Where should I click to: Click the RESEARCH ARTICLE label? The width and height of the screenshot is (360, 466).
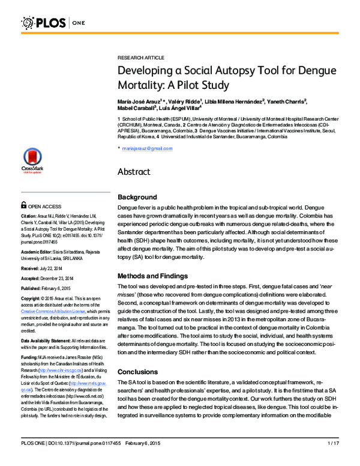pyautogui.click(x=140, y=57)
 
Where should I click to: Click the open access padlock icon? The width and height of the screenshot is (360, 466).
pyautogui.click(x=24, y=205)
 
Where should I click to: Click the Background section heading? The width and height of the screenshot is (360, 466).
pyautogui.click(x=137, y=197)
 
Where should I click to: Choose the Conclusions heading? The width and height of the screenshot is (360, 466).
pyautogui.click(x=137, y=372)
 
